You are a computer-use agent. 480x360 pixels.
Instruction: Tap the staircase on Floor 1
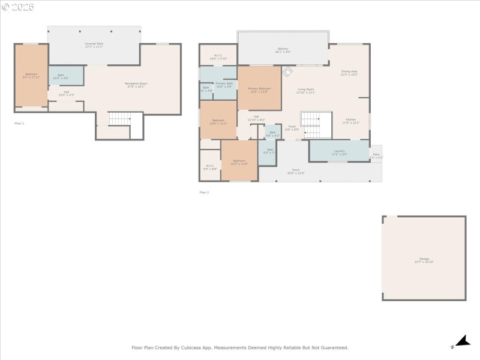pos(119,119)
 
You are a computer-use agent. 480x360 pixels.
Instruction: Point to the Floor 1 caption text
pos(19,123)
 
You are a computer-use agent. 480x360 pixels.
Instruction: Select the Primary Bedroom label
pos(259,90)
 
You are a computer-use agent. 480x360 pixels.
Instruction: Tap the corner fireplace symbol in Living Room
pos(287,71)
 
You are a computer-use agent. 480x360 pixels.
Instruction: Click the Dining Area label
pos(349,73)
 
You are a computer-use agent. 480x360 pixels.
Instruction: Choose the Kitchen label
pos(350,121)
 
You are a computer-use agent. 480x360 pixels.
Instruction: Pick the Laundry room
pos(339,152)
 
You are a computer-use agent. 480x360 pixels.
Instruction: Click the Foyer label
pos(292,128)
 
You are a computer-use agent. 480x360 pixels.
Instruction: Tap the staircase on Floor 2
pos(316,124)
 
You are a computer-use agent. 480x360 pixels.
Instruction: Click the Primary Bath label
pos(223,86)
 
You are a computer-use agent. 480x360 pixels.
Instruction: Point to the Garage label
pos(423,260)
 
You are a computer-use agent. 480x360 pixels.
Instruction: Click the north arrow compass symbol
pos(461,342)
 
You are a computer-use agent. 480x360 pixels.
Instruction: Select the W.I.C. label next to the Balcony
pos(218,57)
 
